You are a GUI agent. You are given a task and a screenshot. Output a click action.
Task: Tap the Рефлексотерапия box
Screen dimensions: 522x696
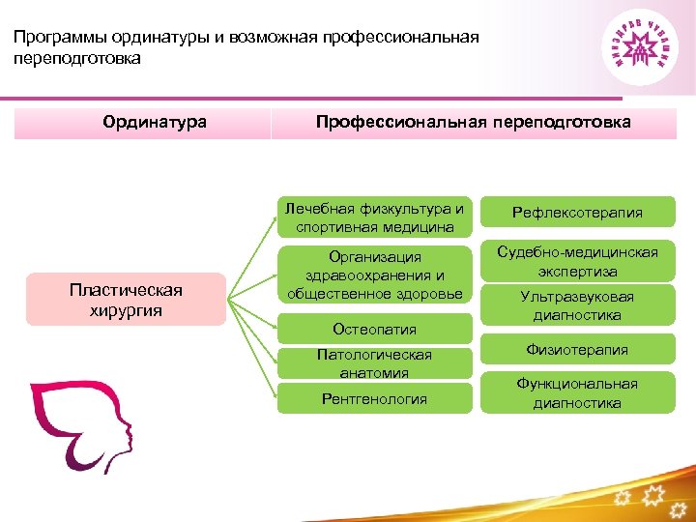tap(577, 213)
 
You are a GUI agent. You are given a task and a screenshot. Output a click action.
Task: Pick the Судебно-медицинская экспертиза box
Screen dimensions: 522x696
tap(577, 262)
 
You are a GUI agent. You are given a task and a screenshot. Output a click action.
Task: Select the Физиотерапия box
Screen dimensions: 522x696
tap(577, 350)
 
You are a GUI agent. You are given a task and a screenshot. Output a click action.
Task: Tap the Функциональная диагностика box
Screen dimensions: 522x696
tap(577, 393)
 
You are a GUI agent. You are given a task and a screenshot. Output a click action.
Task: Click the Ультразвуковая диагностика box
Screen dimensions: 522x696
tap(577, 305)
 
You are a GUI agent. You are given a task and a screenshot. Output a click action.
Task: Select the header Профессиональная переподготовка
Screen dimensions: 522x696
tap(474, 123)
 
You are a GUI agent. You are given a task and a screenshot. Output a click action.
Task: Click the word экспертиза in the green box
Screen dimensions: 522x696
tap(577, 272)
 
